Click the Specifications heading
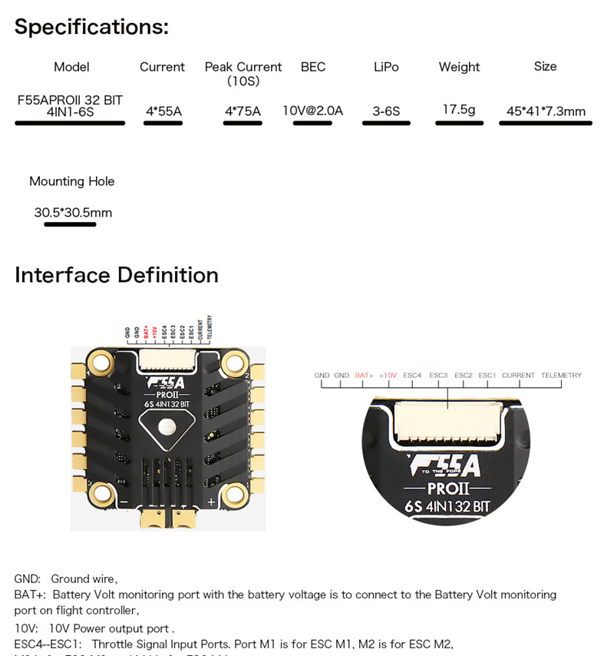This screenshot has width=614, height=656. pos(91,27)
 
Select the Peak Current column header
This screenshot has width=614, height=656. pos(243,68)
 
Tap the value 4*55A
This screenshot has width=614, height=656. pos(163,111)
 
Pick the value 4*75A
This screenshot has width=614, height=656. pos(243,111)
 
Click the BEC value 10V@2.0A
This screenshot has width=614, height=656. pos(312,111)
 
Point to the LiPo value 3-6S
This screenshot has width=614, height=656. pos(386,111)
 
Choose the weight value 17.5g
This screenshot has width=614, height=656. pos(459,110)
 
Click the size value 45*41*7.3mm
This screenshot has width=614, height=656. pos(546,111)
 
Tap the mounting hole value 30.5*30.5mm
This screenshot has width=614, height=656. pos(73,213)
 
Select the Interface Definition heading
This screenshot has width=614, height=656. pos(117,275)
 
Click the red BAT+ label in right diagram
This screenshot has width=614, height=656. pos(364,376)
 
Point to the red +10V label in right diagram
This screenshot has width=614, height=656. pos(388,376)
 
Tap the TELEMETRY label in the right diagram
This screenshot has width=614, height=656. pos(561,376)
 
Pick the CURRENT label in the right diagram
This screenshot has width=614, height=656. pos(518,376)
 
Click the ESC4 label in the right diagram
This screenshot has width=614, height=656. pos(412,376)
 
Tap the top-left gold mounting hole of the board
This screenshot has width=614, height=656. pos(101,360)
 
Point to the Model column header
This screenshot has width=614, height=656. pos(71,67)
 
